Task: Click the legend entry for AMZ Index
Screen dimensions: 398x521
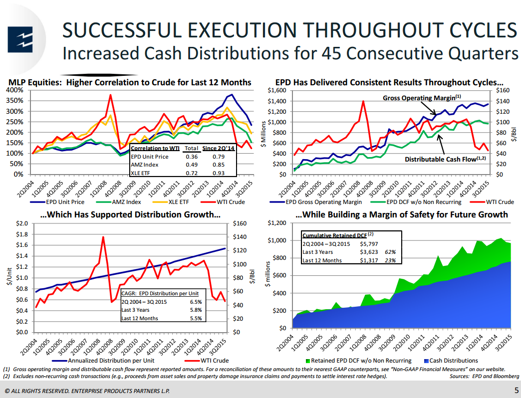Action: coord(125,202)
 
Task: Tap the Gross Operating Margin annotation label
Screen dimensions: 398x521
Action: coord(422,98)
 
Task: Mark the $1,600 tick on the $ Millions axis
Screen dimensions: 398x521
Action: coord(277,90)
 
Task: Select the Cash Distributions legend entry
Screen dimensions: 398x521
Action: coord(454,360)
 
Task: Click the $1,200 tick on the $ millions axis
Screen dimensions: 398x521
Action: coord(277,223)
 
